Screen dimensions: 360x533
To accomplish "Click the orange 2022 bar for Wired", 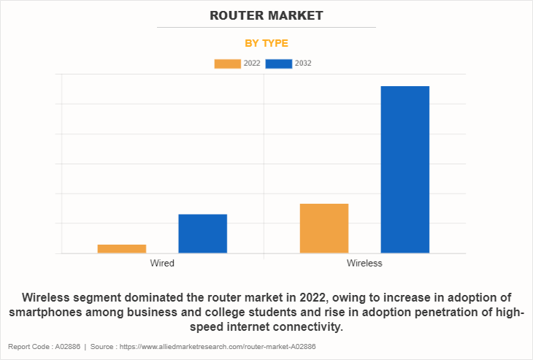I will coord(121,249).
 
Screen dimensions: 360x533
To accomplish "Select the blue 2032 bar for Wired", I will coord(202,234).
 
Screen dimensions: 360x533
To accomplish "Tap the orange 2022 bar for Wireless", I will coord(323,229).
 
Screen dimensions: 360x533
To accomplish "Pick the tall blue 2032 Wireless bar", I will coord(404,169).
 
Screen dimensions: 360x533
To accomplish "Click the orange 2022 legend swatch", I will coord(227,64).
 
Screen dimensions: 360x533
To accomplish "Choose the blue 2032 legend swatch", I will coord(278,64).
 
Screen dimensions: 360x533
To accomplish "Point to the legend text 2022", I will coord(252,64).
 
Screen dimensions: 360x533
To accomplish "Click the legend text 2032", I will coord(303,64).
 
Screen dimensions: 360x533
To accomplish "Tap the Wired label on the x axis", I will coord(162,263).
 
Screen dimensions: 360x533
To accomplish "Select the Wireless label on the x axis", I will coord(364,263).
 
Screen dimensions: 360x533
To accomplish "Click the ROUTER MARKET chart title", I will coord(266,15).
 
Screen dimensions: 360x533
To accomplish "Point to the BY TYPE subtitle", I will coord(266,43).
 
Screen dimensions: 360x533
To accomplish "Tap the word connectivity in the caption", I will coord(302,327).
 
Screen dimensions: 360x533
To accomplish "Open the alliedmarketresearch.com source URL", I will coord(222,347).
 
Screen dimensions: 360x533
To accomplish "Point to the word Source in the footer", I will coord(104,347).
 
